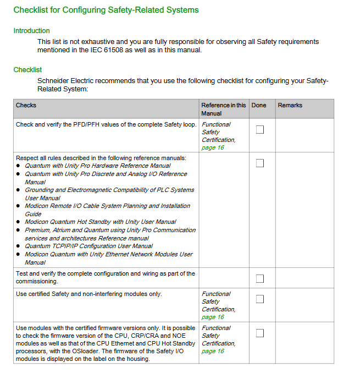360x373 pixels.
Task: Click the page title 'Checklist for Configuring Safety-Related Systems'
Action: coord(106,10)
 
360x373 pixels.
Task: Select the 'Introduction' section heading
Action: coord(31,31)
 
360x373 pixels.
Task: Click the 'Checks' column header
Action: coord(26,105)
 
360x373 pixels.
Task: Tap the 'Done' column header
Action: coord(258,105)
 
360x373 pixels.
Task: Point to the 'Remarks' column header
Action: coord(290,105)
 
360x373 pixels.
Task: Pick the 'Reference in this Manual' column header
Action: coord(223,109)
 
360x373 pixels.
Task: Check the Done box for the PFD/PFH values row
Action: coord(260,130)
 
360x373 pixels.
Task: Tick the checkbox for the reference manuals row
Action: coord(260,163)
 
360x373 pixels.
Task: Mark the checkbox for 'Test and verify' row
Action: coord(260,278)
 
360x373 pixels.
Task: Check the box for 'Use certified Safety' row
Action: coord(260,299)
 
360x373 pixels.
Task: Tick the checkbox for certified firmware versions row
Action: coord(260,333)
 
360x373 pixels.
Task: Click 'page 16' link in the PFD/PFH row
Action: coord(213,147)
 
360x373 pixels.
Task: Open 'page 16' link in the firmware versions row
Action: coord(213,351)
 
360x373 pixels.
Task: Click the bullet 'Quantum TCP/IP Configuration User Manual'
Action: coord(88,246)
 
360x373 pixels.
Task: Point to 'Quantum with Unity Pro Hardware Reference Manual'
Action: coord(97,166)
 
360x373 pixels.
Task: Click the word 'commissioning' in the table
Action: coord(36,281)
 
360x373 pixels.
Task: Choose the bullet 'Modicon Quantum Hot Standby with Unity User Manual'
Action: coord(101,222)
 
